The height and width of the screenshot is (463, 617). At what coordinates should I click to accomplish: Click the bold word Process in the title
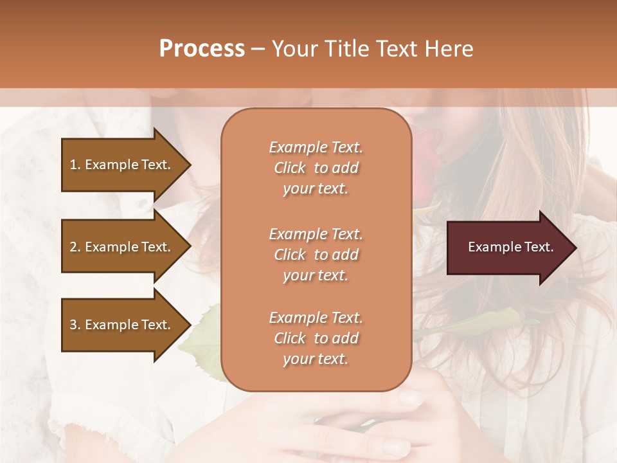[x=202, y=49]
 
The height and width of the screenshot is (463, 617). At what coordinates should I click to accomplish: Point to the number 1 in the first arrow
[x=73, y=165]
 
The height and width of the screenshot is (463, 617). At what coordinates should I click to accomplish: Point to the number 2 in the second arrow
[x=73, y=247]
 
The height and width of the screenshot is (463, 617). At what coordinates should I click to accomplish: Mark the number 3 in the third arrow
[x=73, y=325]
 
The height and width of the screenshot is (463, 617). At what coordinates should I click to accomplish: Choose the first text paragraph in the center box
[x=316, y=168]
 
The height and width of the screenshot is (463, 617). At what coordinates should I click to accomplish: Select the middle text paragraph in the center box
[x=316, y=255]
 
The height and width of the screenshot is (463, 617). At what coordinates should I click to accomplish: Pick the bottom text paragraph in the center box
[x=316, y=338]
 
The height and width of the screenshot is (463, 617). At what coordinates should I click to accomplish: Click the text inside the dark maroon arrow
[x=510, y=247]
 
